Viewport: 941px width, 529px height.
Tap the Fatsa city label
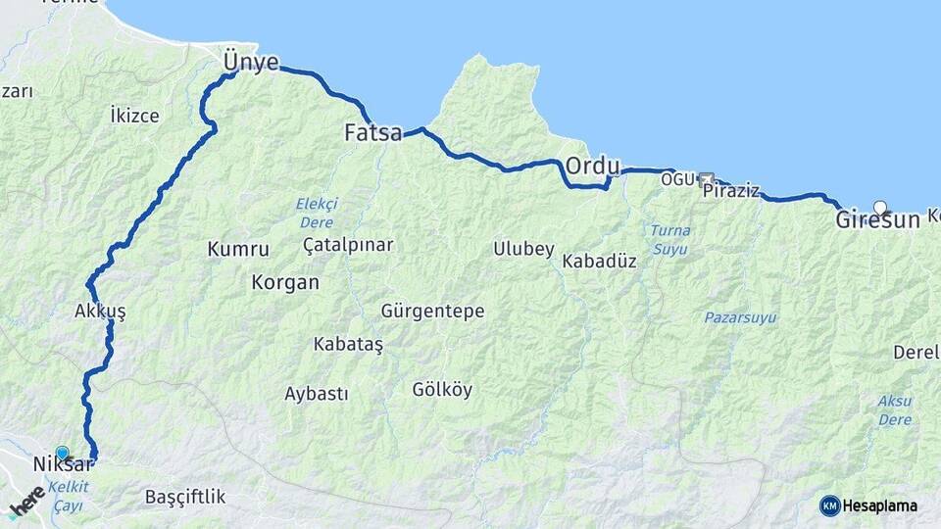point(372,132)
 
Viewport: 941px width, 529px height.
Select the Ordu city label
point(593,166)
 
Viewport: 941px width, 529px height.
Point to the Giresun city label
point(877,220)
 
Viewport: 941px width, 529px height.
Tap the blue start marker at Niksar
point(63,453)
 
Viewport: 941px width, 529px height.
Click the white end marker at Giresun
point(880,208)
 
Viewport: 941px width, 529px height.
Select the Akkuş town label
point(100,311)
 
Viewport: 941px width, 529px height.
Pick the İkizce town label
point(134,116)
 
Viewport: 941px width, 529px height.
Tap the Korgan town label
point(285,282)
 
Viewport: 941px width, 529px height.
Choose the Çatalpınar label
point(348,244)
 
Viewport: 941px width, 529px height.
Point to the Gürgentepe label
point(432,311)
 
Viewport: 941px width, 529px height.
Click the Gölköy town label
point(442,389)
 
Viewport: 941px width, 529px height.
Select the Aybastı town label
point(316,394)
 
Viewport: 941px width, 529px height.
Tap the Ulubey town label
point(523,248)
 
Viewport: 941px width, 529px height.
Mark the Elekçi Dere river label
point(317,213)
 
